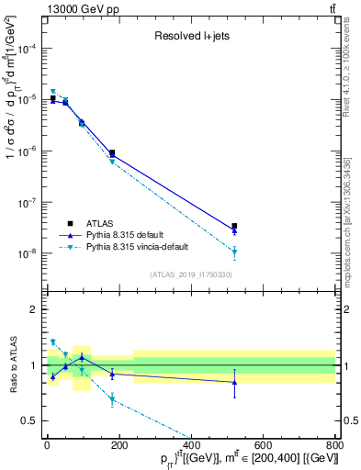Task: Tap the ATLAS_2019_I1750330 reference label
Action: click(x=190, y=274)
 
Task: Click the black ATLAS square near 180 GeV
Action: click(x=112, y=153)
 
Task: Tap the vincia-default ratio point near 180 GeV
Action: click(x=112, y=399)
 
